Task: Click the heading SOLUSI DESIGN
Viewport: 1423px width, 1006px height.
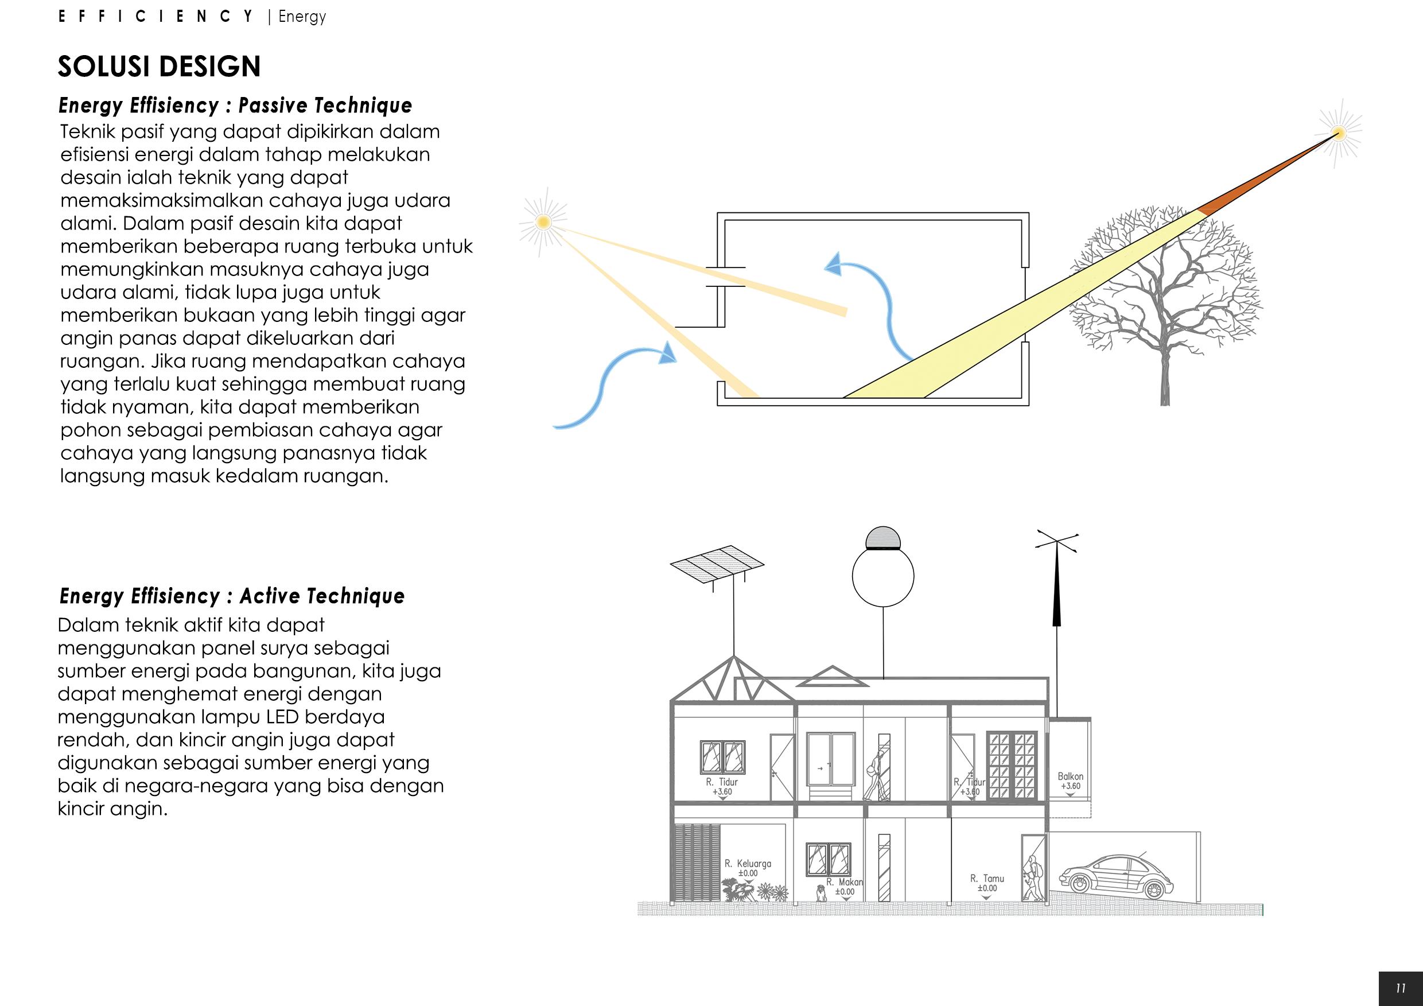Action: tap(160, 67)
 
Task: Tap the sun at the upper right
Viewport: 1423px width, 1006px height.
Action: tap(1339, 133)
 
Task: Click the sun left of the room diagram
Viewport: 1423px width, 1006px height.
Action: tap(543, 222)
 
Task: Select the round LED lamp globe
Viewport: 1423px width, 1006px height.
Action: tap(882, 576)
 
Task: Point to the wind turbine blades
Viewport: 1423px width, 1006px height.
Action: tap(1057, 542)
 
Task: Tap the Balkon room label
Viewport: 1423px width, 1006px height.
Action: tap(1070, 776)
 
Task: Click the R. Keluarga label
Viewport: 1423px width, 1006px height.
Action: tap(748, 864)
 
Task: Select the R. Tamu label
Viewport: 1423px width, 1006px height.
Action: tap(987, 878)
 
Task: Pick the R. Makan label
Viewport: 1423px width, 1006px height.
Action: tap(845, 882)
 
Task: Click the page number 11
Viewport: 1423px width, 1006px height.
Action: tap(1401, 989)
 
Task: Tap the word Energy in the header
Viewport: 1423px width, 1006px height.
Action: tap(302, 16)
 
